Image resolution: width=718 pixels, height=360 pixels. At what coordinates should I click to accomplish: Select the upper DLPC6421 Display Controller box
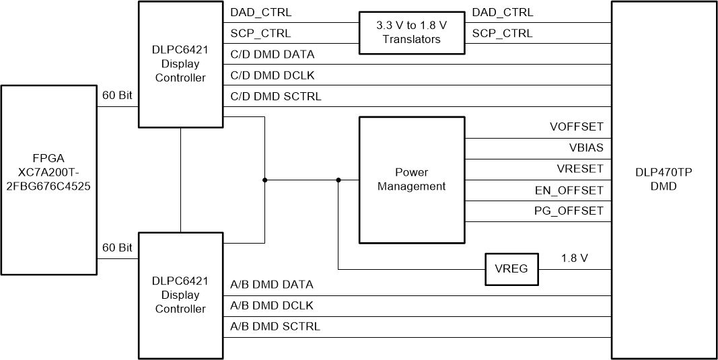pos(180,64)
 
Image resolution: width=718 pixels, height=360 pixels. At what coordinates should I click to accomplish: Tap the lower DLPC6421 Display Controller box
pos(180,295)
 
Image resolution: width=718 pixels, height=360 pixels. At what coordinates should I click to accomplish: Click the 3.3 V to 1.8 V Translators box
pos(411,33)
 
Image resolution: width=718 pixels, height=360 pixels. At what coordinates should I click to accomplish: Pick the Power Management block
pos(411,180)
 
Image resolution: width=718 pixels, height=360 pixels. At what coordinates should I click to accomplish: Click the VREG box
pos(511,270)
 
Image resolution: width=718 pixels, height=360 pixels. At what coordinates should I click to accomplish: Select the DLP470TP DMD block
pos(664,180)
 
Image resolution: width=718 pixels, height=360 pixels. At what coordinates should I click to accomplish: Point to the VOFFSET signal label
pos(576,127)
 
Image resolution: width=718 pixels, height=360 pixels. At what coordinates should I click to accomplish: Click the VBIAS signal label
pos(585,147)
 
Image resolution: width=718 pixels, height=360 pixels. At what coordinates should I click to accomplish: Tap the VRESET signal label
pos(579,169)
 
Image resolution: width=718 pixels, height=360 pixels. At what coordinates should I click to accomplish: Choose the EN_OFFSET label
pos(573,190)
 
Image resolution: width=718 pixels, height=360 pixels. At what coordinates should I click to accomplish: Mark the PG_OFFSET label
pos(573,211)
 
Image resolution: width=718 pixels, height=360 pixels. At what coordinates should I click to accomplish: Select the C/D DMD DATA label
pos(272,55)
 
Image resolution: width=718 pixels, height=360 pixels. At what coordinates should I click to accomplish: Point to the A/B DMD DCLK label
pos(272,305)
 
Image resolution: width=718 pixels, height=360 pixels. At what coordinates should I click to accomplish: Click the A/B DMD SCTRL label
pos(275,327)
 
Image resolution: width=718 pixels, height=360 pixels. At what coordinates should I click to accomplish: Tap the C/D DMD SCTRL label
pos(275,96)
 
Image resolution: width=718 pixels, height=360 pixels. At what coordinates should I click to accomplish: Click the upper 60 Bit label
pos(117,95)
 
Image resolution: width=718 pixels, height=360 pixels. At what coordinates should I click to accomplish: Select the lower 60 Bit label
pos(117,248)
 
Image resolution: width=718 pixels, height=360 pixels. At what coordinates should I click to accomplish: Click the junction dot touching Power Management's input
pos(338,180)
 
